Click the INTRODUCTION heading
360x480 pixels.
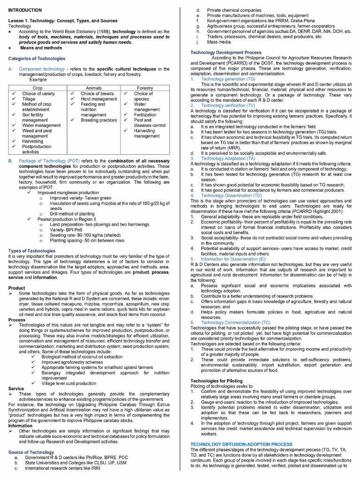pyautogui.click(x=25, y=10)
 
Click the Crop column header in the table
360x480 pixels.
pyautogui.click(x=37, y=88)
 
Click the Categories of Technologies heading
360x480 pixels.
pyautogui.click(x=37, y=59)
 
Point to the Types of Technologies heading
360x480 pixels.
pyautogui.click(x=32, y=251)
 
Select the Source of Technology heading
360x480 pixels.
pyautogui.click(x=31, y=452)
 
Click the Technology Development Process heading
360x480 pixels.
pyautogui.click(x=226, y=52)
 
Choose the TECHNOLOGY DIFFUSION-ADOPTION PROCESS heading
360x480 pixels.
pyautogui.click(x=241, y=444)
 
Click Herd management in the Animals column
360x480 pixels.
pyautogui.click(x=98, y=99)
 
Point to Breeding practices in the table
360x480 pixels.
pyautogui.click(x=98, y=120)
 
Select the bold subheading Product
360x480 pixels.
pyautogui.click(x=17, y=288)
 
